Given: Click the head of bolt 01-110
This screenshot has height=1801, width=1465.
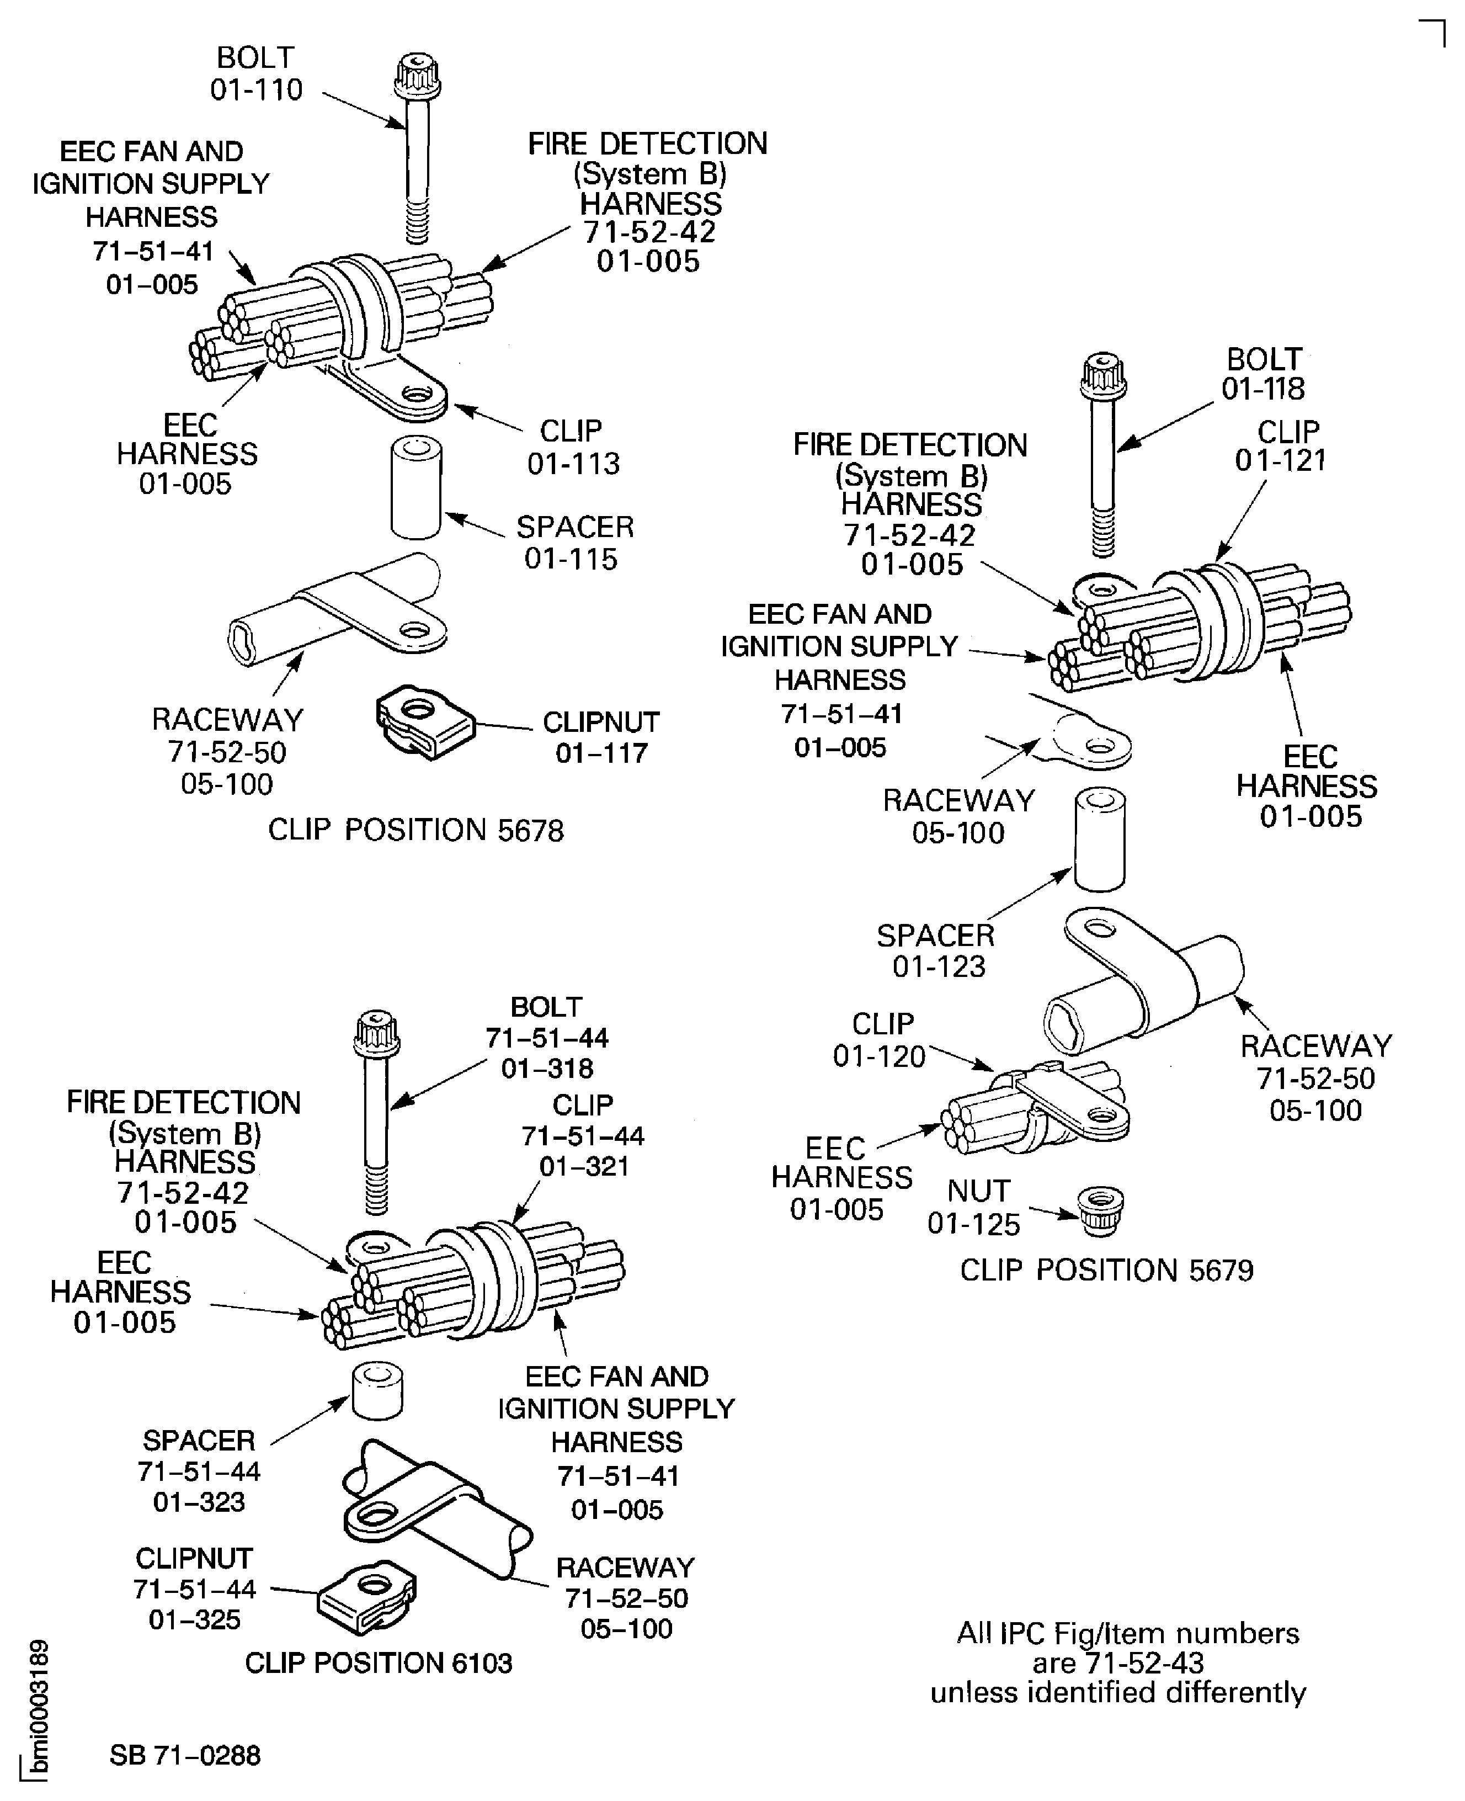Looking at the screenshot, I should pos(417,76).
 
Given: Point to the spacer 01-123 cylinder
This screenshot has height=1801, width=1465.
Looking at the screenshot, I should pos(1100,840).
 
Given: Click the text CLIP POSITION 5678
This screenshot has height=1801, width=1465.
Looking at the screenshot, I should pos(415,831).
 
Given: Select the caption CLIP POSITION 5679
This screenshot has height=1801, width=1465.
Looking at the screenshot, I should pos(1106,1270).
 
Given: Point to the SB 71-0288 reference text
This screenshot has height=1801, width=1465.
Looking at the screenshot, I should pos(185,1755).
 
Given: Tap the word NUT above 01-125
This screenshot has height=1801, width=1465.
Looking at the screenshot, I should pos(978,1191).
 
